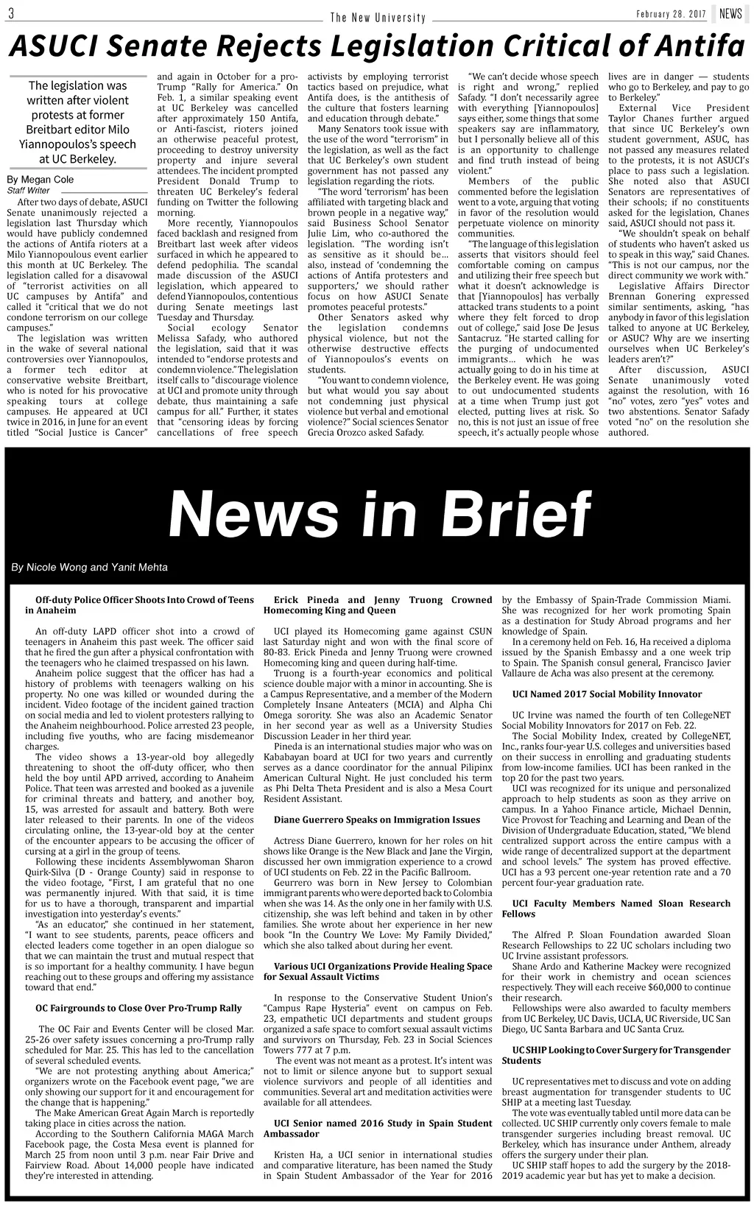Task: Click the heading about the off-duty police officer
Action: [x=140, y=605]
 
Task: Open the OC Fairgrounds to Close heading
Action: [x=139, y=1008]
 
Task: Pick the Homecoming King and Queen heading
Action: [x=377, y=605]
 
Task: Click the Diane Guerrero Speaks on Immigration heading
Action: [x=377, y=819]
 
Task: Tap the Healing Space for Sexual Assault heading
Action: [x=377, y=971]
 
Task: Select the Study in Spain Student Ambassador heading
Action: [x=377, y=1129]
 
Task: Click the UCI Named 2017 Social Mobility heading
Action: [x=607, y=694]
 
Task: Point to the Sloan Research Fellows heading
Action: [x=616, y=909]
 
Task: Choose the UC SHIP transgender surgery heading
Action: [x=616, y=1055]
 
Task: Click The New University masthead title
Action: [x=378, y=17]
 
